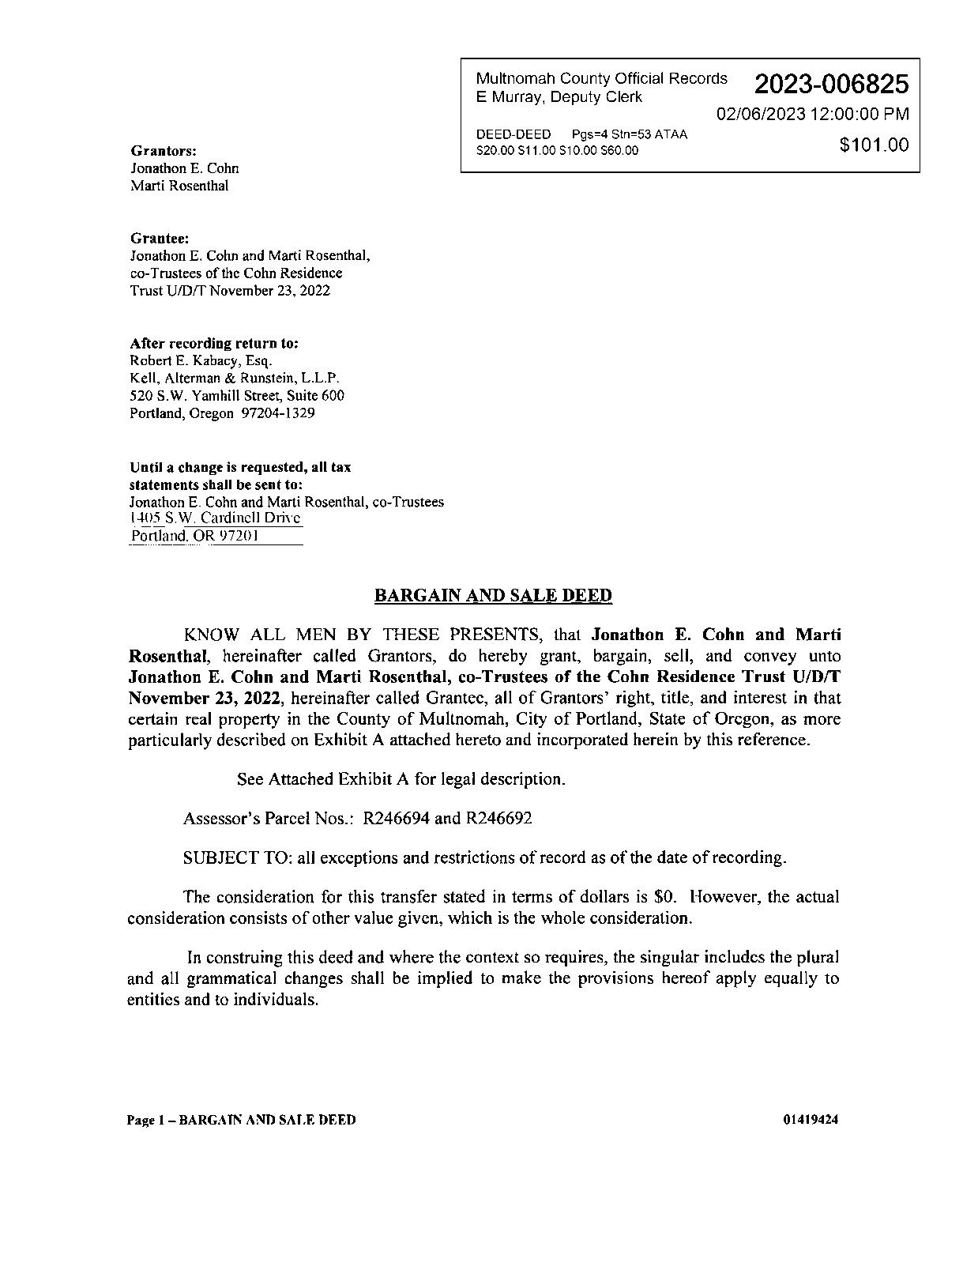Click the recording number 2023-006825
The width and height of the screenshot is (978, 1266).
pos(831,84)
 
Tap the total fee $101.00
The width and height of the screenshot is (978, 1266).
pos(874,145)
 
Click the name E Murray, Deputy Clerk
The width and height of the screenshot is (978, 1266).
pos(559,97)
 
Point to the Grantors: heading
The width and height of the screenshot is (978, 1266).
pos(164,150)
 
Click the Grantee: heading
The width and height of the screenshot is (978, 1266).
pos(159,238)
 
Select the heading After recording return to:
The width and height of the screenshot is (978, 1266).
pos(214,344)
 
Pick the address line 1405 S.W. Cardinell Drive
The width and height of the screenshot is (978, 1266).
pos(216,518)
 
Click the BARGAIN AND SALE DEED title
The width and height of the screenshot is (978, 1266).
pos(492,596)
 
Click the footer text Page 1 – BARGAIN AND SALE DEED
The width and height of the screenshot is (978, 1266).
pos(241,1120)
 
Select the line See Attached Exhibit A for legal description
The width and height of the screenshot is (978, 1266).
pos(401,779)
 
